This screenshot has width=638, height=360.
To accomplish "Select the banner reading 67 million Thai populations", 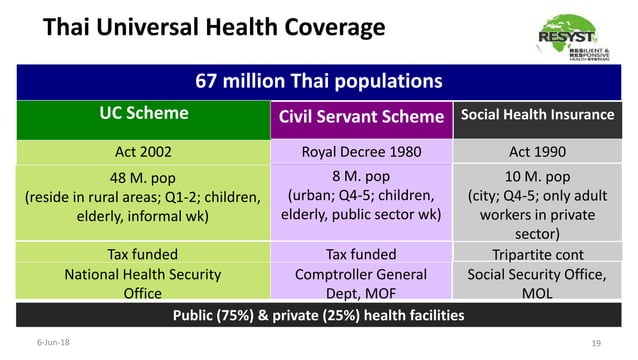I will [x=318, y=81].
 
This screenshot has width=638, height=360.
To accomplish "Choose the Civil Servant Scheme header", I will [x=361, y=117].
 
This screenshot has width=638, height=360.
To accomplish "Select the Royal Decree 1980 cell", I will [x=361, y=152].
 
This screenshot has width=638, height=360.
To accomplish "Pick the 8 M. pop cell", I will [x=361, y=198].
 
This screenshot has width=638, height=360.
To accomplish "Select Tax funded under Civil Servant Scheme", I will [x=361, y=253].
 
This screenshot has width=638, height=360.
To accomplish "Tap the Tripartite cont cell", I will [x=537, y=254].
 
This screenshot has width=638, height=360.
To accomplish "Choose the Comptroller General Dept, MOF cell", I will [x=361, y=282].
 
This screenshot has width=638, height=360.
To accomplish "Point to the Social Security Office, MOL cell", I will [x=537, y=283].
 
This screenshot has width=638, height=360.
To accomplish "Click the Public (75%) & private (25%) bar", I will [x=318, y=315].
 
